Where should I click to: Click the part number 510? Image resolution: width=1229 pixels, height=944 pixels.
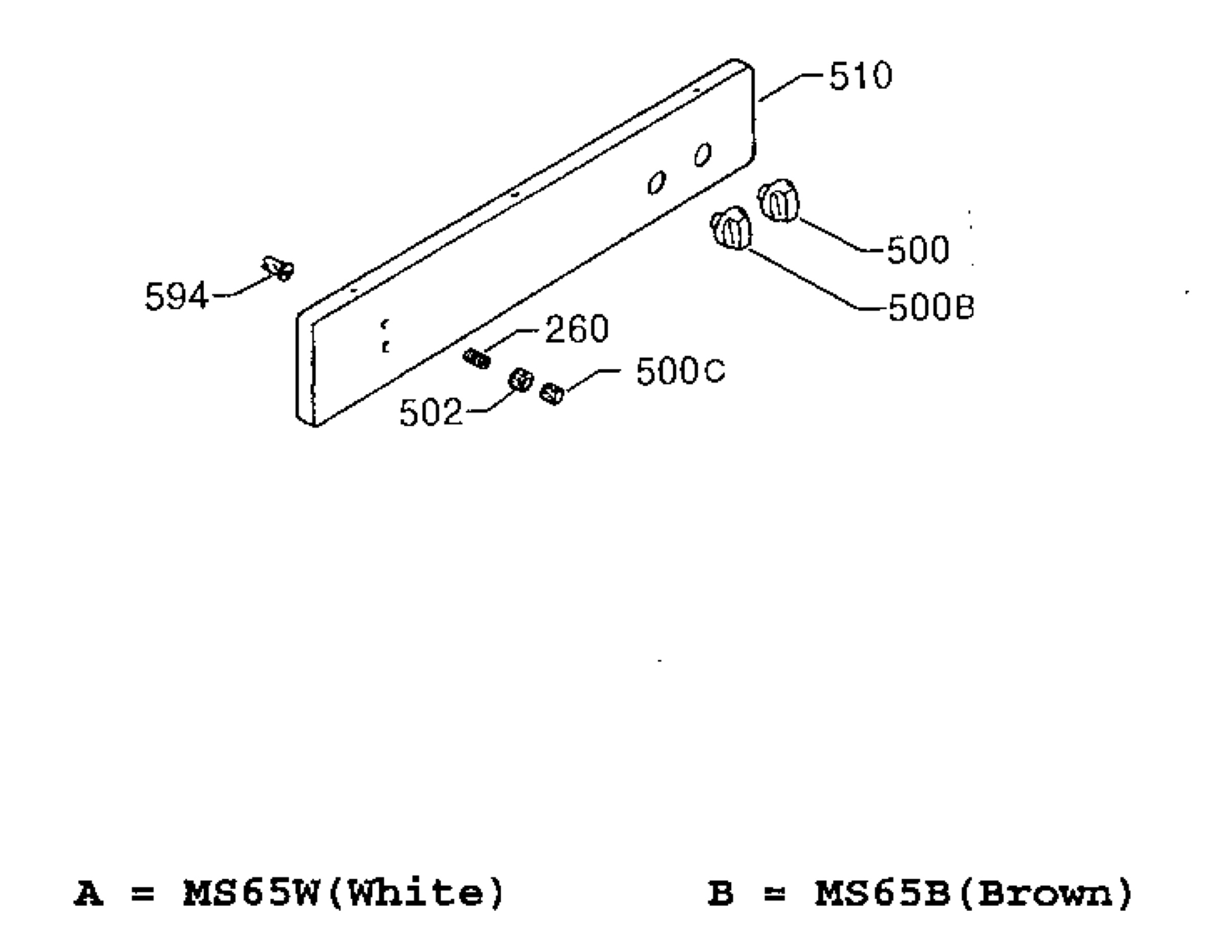(860, 76)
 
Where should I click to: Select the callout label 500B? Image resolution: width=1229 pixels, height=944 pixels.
(930, 307)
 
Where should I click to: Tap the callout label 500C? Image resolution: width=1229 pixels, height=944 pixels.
(681, 372)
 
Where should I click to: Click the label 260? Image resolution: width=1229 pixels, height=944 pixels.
(577, 329)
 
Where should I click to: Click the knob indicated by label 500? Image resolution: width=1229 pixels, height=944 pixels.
(779, 201)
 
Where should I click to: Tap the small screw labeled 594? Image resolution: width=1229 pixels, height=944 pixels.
(278, 269)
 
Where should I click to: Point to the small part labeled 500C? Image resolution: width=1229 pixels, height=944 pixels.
(552, 393)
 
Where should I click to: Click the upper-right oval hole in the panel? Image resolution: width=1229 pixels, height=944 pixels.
(703, 155)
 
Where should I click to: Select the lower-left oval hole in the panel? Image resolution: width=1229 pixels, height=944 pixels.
(656, 183)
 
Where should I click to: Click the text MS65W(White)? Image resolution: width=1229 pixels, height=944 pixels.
(344, 894)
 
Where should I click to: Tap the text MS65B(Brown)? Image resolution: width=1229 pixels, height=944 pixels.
(974, 894)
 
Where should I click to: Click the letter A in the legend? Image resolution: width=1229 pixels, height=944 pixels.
(89, 894)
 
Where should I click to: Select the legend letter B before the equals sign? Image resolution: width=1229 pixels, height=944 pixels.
(721, 894)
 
